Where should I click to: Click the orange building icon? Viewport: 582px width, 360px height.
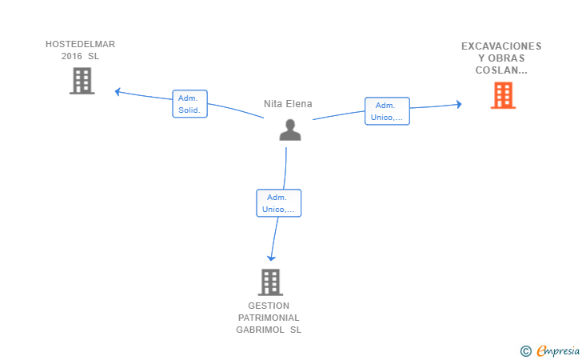[x=503, y=95]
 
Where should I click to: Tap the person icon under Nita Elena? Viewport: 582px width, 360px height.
[x=290, y=130]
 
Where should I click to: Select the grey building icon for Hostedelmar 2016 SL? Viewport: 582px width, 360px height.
[x=82, y=81]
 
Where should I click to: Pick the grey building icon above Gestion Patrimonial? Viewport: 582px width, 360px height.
[x=270, y=282]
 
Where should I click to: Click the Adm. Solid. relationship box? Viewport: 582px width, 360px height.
[x=189, y=104]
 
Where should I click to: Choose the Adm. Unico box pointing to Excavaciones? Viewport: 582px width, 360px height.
[x=387, y=111]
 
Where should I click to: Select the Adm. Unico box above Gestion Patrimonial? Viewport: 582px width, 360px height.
[x=279, y=203]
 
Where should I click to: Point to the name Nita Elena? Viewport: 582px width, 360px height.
[x=288, y=104]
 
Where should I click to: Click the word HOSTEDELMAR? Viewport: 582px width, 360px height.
[x=80, y=44]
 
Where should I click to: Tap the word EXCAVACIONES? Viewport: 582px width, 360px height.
[x=501, y=46]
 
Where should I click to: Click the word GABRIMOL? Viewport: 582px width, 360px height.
[x=260, y=330]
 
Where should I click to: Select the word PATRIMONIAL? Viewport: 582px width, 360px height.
[x=269, y=318]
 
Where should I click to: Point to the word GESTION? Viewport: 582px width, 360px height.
[x=269, y=306]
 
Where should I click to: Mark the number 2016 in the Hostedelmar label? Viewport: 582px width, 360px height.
[x=72, y=56]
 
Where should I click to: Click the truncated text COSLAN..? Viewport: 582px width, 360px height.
[x=501, y=70]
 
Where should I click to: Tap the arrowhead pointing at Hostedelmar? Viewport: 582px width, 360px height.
[x=118, y=91]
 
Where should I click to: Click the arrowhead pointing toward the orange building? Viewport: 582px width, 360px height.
[x=459, y=104]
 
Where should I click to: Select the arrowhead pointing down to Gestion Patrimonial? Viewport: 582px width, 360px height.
[x=271, y=258]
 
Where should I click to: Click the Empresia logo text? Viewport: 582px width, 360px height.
[x=558, y=350]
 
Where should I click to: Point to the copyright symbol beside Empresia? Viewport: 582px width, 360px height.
[x=526, y=351]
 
